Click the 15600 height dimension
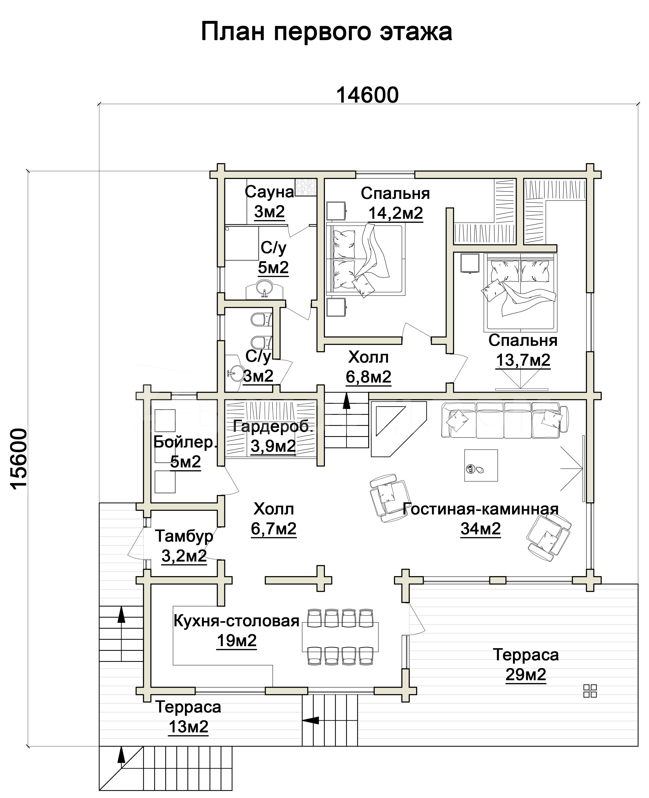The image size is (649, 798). [19, 459]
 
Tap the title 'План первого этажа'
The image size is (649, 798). [326, 32]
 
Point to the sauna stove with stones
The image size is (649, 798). [306, 187]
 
